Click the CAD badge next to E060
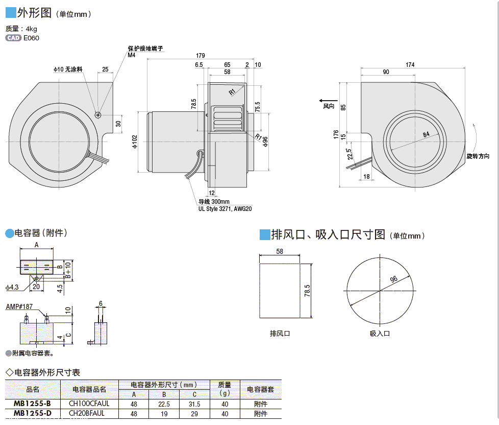pos(14,38)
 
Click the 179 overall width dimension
pos(200,56)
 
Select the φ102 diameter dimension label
pos(135,141)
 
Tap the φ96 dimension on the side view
pos(265,141)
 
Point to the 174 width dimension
pos(410,64)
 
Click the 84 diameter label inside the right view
pos(427,134)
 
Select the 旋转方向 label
pos(478,156)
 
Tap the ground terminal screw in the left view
pos(98,114)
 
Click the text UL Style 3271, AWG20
pos(225,208)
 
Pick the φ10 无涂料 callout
pos(68,69)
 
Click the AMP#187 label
pos(19,306)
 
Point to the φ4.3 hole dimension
pos(12,287)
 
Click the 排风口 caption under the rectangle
pos(280,334)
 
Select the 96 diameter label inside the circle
pos(393,279)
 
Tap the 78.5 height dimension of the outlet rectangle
pos(307,291)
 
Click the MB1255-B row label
pos(32,404)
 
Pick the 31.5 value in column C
pos(194,404)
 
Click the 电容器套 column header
pos(260,389)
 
